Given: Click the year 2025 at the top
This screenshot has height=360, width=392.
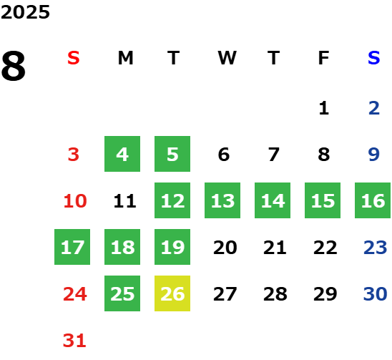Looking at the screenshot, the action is pyautogui.click(x=25, y=12).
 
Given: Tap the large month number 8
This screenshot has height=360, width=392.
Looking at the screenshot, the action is pyautogui.click(x=14, y=66).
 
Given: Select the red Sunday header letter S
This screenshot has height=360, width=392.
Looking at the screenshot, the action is pyautogui.click(x=74, y=58).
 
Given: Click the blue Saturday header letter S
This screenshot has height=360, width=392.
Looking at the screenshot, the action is pyautogui.click(x=374, y=58).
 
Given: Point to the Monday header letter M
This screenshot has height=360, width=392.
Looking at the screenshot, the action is pyautogui.click(x=125, y=58).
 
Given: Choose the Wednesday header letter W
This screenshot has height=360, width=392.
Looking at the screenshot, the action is pyautogui.click(x=227, y=58).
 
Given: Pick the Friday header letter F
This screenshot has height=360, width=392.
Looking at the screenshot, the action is pyautogui.click(x=324, y=58).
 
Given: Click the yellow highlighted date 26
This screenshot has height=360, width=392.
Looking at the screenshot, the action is pyautogui.click(x=172, y=293).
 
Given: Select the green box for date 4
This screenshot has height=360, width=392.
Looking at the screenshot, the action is pyautogui.click(x=122, y=154).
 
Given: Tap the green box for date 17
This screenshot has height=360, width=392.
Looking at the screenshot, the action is pyautogui.click(x=72, y=247).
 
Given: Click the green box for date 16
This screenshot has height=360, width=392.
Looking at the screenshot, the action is pyautogui.click(x=373, y=200).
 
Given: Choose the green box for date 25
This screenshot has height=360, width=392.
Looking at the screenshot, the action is pyautogui.click(x=122, y=293).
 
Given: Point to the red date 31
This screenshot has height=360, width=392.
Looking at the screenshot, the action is pyautogui.click(x=74, y=341).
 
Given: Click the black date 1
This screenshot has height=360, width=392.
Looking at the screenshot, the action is pyautogui.click(x=324, y=108).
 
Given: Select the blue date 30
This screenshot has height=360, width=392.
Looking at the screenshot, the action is pyautogui.click(x=376, y=293).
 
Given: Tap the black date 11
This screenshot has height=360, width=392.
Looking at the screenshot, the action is pyautogui.click(x=124, y=201).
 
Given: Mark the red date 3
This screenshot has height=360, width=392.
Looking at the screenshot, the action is pyautogui.click(x=74, y=155).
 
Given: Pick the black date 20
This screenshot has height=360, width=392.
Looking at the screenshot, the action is pyautogui.click(x=225, y=248).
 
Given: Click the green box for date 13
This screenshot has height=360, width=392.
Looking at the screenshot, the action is pyautogui.click(x=222, y=200).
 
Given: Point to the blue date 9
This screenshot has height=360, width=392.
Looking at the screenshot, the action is pyautogui.click(x=374, y=155).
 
